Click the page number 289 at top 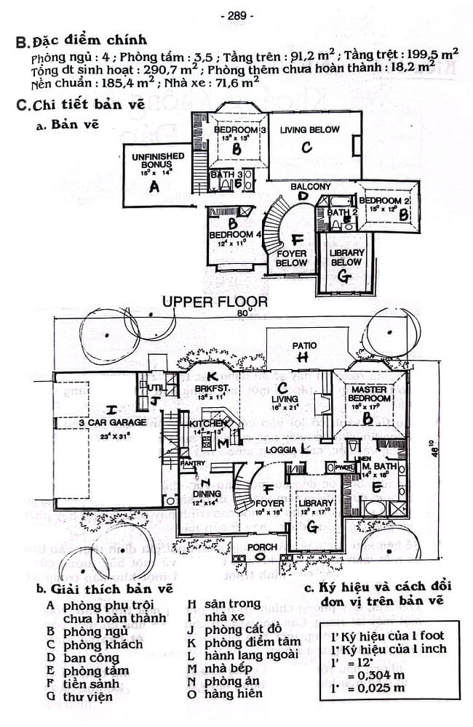click(x=236, y=15)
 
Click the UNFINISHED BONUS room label click(x=152, y=161)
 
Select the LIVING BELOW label click(x=310, y=129)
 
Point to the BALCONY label click(x=311, y=187)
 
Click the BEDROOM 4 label click(x=234, y=236)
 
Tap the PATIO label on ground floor click(x=301, y=345)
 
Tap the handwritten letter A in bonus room click(x=153, y=187)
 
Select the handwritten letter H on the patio click(x=303, y=357)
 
